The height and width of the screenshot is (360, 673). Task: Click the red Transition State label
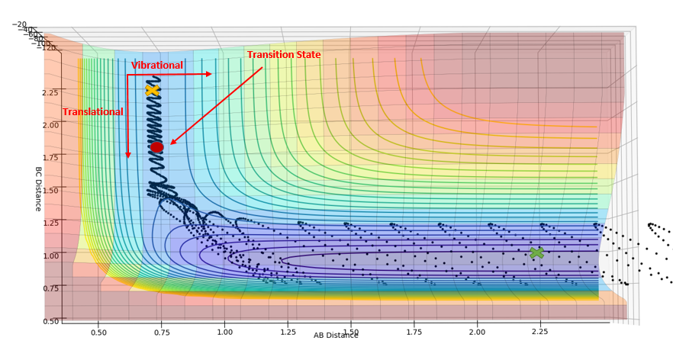pyautogui.click(x=283, y=55)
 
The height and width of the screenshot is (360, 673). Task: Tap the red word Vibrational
pyautogui.click(x=157, y=66)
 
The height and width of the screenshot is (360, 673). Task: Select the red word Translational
pyautogui.click(x=92, y=112)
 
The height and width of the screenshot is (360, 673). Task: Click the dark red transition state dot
pyautogui.click(x=156, y=147)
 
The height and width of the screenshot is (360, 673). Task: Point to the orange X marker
pyautogui.click(x=152, y=90)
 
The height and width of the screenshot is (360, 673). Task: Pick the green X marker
pyautogui.click(x=536, y=252)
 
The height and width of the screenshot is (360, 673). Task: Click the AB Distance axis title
pyautogui.click(x=336, y=335)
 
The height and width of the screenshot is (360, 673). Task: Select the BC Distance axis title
pyautogui.click(x=38, y=188)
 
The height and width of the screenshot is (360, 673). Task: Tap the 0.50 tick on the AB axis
pyautogui.click(x=98, y=333)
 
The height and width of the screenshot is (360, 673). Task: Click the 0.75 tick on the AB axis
pyautogui.click(x=161, y=333)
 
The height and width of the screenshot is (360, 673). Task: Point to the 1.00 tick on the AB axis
pyautogui.click(x=224, y=333)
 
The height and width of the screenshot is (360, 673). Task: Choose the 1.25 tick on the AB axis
pyautogui.click(x=288, y=333)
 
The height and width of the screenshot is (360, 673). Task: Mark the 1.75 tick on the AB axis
pyautogui.click(x=414, y=333)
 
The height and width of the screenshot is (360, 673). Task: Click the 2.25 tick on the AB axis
pyautogui.click(x=539, y=333)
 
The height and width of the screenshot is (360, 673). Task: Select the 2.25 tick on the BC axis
pyautogui.click(x=50, y=92)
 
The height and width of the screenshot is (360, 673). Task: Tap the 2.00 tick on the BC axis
pyautogui.click(x=50, y=125)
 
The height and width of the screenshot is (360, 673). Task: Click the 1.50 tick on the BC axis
pyautogui.click(x=50, y=190)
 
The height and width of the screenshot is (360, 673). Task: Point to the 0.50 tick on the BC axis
pyautogui.click(x=51, y=321)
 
